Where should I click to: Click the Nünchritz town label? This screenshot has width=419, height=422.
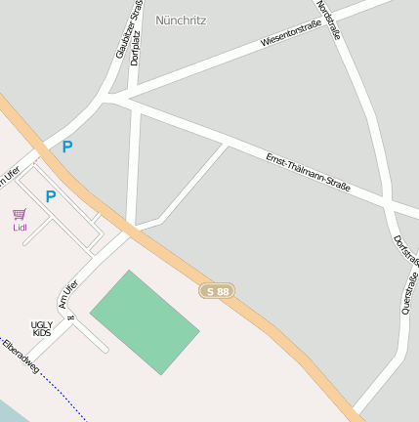181,20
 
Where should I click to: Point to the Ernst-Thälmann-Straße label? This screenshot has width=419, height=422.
308,170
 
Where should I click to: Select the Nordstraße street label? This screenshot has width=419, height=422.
328,20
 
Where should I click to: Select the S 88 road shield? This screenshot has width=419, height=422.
218,291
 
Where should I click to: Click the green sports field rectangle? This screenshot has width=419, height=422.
145,321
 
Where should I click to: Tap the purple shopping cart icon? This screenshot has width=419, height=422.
19,214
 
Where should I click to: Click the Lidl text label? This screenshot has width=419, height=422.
20,228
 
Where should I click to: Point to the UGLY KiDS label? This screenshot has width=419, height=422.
42,328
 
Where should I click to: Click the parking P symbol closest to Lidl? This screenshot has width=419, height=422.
51,196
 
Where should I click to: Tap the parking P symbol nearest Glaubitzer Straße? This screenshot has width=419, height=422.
67,147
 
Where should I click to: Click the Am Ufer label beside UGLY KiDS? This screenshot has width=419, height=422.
68,294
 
